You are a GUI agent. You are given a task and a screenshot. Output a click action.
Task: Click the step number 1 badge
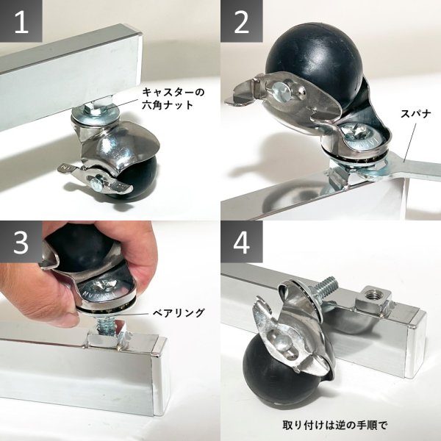21,21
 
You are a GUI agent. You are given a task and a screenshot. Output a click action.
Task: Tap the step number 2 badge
242,21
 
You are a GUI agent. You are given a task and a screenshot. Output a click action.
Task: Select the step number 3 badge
21,242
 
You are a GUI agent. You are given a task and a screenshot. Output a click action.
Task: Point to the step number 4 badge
242,242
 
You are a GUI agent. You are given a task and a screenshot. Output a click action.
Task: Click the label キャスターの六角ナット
173,98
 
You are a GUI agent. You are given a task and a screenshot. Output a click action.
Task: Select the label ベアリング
179,312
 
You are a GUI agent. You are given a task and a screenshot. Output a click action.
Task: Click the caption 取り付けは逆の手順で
334,425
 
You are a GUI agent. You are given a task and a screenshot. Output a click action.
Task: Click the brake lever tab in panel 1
67,170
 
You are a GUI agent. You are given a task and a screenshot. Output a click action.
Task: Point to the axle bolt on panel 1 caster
96,183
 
